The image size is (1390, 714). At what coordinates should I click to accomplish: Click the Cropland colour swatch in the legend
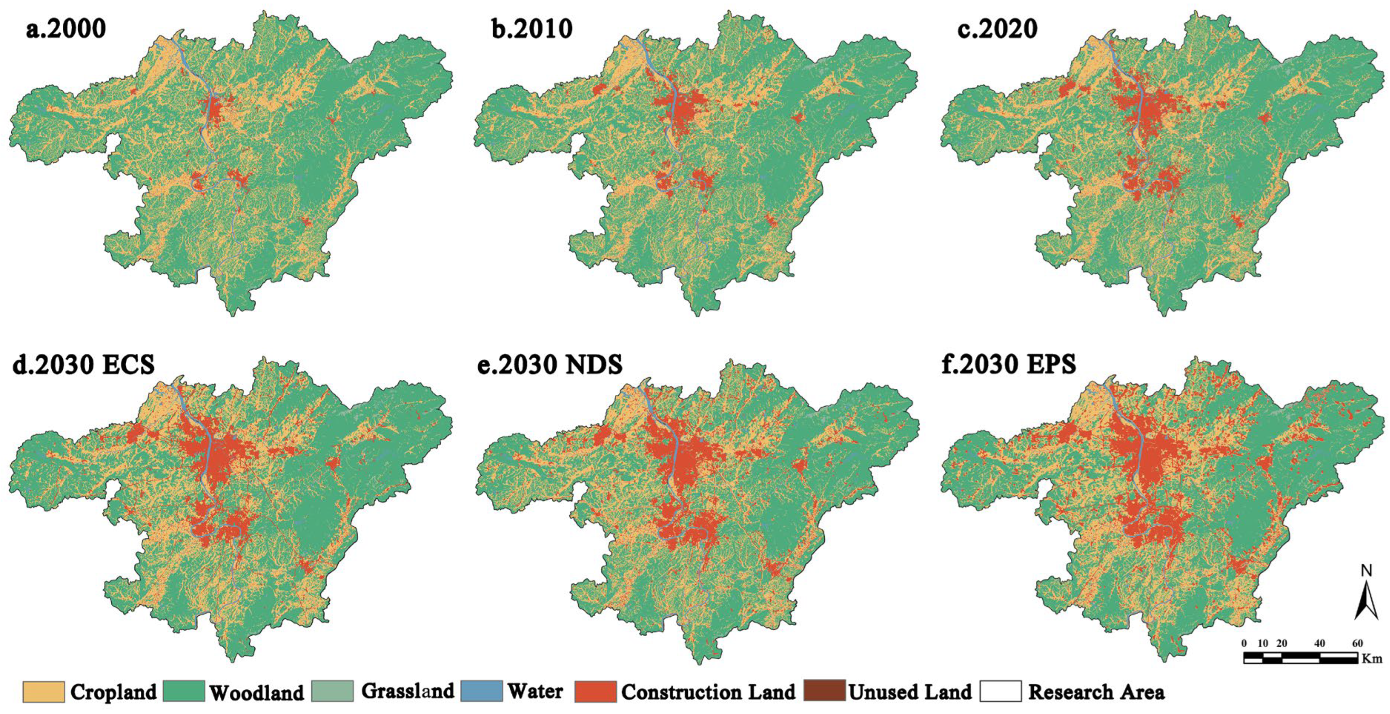point(43,691)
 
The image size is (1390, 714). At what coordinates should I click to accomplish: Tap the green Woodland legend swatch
point(184,691)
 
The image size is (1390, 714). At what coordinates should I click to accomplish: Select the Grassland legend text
point(408,691)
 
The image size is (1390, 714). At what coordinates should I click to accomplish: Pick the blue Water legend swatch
point(482,691)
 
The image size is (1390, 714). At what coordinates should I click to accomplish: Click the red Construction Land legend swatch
point(595,691)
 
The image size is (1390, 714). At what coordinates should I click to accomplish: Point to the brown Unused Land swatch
point(824,691)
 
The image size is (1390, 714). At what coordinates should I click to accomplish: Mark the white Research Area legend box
point(1000,691)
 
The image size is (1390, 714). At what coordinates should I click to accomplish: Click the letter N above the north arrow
point(1366,571)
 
